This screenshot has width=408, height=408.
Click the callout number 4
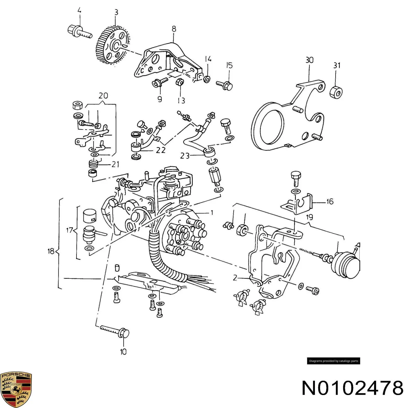79,10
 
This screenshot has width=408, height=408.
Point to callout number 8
174,29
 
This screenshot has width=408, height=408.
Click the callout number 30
309,60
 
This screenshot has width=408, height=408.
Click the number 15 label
229,66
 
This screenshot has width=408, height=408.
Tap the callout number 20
103,96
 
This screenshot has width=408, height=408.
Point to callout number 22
161,150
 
